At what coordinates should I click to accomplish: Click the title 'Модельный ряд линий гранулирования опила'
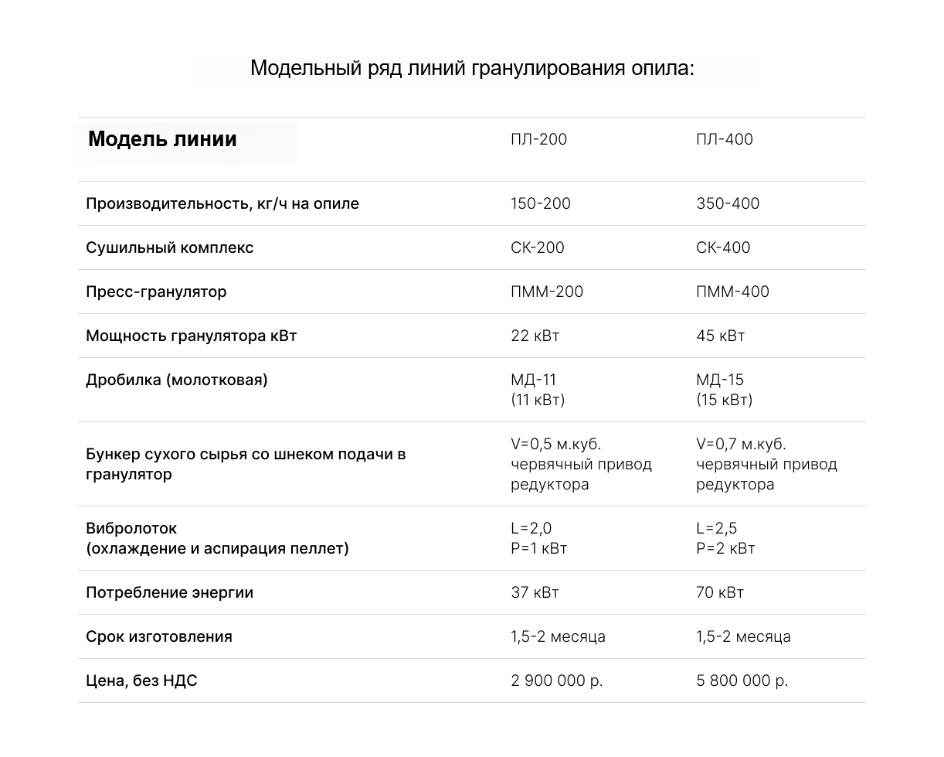[x=473, y=69]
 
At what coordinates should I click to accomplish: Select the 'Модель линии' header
[x=162, y=140]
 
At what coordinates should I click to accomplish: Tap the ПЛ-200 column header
[x=538, y=140]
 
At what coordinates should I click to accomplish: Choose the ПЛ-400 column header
[x=724, y=140]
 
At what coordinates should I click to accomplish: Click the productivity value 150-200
[x=540, y=204]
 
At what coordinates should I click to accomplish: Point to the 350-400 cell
[x=727, y=204]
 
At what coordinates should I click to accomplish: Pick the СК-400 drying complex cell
[x=722, y=248]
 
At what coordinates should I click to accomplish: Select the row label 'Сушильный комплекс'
[x=169, y=248]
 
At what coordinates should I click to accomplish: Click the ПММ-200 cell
[x=546, y=292]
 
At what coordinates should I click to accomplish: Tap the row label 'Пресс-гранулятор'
[x=156, y=292]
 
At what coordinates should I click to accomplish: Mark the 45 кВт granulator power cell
[x=720, y=336]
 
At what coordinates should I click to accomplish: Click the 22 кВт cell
[x=535, y=336]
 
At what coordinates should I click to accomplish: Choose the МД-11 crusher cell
[x=537, y=390]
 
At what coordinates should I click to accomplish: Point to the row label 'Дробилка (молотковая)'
[x=176, y=380]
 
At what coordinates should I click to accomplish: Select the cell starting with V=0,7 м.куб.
[x=766, y=464]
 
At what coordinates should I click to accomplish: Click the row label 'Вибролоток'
[x=131, y=529]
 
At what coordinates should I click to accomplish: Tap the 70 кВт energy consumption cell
[x=719, y=593]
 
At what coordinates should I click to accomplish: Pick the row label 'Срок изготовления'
[x=158, y=637]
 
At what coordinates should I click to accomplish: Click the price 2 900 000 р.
[x=556, y=681]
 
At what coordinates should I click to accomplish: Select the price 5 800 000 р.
[x=742, y=681]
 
